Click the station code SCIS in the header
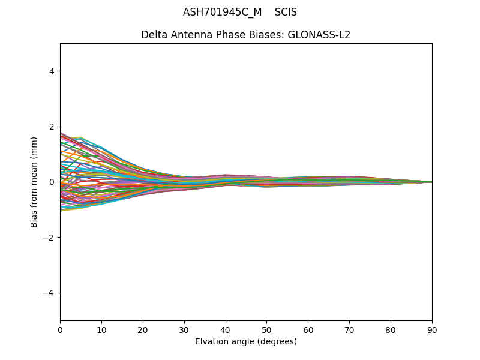[286, 13]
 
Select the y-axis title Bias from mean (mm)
[35, 182]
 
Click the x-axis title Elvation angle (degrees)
[246, 342]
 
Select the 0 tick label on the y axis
[52, 182]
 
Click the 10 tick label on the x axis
[101, 329]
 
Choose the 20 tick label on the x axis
[143, 329]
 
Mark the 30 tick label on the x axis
[184, 329]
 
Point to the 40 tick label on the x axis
[226, 329]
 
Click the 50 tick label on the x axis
[266, 329]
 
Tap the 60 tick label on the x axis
[308, 329]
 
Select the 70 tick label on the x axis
[349, 329]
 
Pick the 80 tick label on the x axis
[391, 329]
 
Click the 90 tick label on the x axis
[432, 329]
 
